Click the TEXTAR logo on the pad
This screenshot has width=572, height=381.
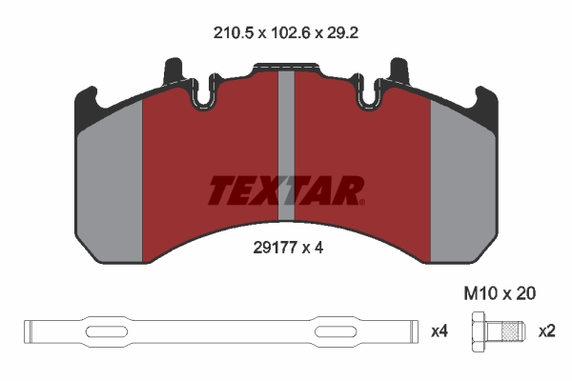point(286,190)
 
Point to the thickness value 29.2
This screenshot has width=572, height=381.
point(342,33)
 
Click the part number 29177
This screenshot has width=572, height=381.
point(275,248)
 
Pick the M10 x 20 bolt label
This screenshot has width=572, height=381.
point(500,293)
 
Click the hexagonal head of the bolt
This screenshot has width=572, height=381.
point(480,331)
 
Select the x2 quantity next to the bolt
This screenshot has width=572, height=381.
point(547,331)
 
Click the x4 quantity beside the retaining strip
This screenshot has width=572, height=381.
point(439,331)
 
